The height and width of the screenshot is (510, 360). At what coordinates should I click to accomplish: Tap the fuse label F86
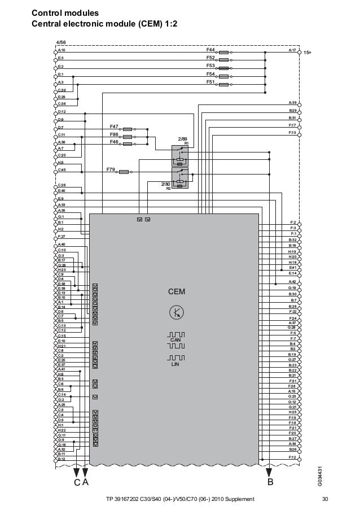click(x=114, y=135)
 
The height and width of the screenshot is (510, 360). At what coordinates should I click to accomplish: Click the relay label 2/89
click(x=182, y=138)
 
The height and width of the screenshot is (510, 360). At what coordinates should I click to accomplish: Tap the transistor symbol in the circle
click(x=177, y=311)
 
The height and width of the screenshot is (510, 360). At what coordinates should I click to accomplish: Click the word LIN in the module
click(x=175, y=365)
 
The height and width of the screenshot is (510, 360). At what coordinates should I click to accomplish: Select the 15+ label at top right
click(x=308, y=53)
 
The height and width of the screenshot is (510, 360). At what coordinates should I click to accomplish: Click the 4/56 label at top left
click(x=61, y=42)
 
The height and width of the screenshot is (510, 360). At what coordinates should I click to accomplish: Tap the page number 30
click(x=324, y=499)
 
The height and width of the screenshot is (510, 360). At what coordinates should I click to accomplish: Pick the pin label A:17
click(x=292, y=50)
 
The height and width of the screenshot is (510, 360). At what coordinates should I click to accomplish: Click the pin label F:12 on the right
click(x=292, y=456)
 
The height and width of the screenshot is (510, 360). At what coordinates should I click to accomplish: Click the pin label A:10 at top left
click(x=62, y=50)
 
